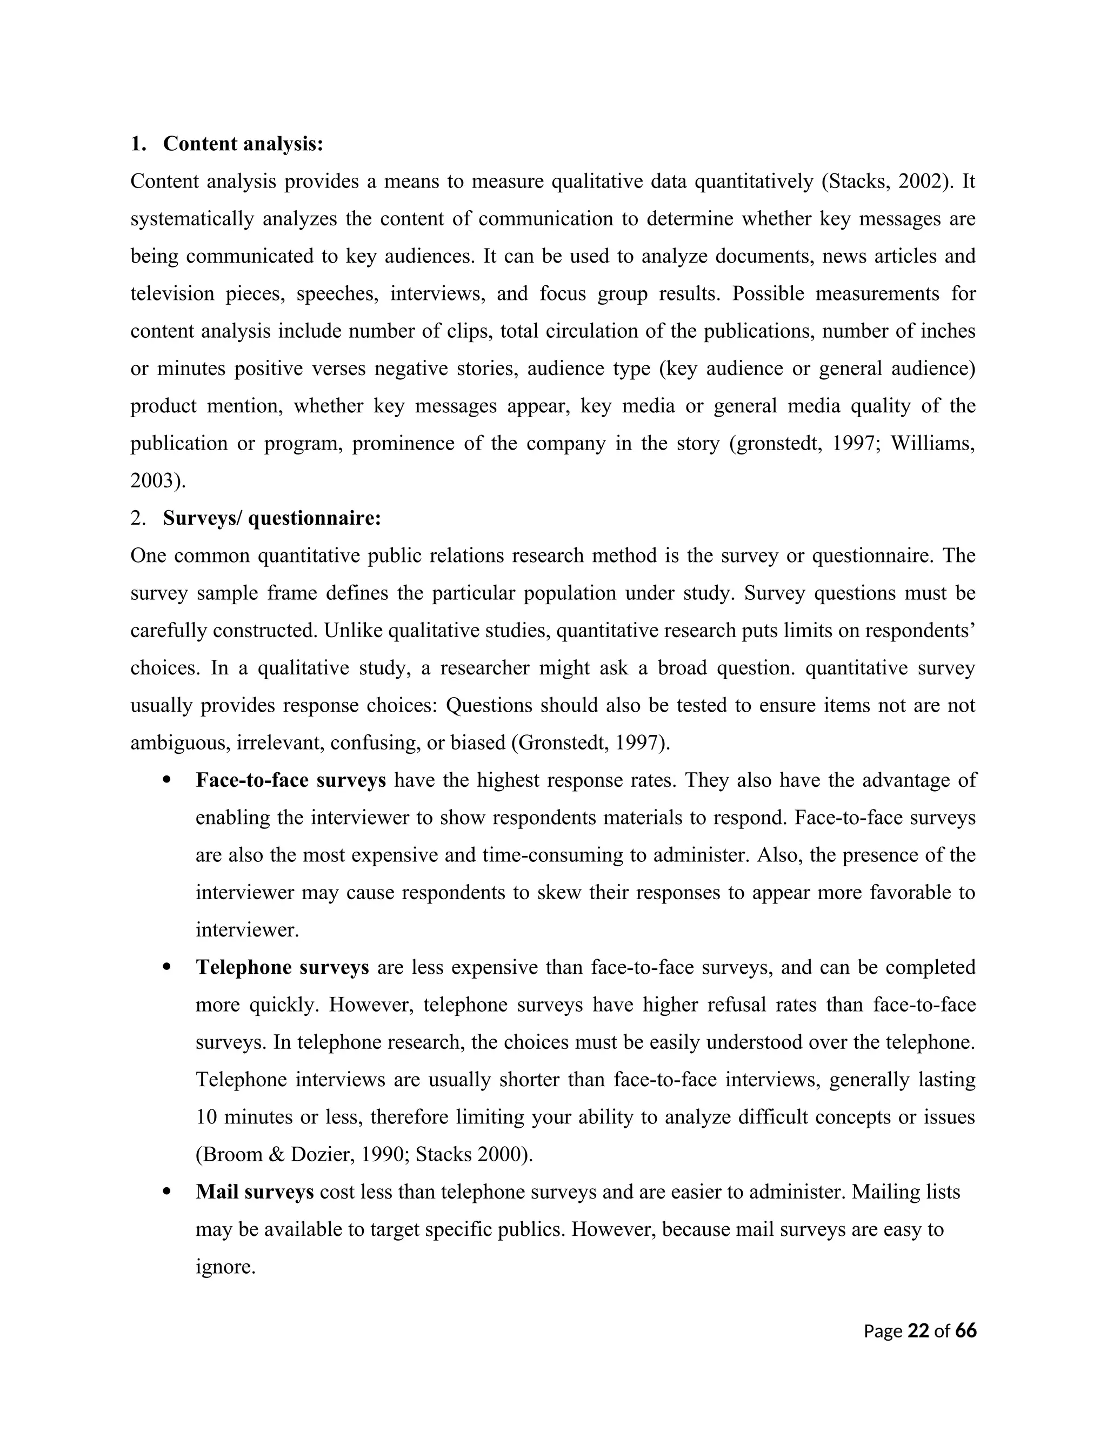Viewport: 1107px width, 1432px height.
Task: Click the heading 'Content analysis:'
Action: [x=243, y=144]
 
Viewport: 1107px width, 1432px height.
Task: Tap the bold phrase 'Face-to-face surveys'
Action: [x=290, y=780]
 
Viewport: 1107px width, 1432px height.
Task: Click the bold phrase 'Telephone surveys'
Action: [x=282, y=968]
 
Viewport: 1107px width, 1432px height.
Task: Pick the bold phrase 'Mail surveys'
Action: [x=255, y=1192]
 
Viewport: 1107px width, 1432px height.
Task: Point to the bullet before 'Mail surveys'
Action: [x=166, y=1192]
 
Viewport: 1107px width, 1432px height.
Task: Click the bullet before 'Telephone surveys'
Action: [x=166, y=968]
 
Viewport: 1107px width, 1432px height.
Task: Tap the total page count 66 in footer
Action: [x=966, y=1331]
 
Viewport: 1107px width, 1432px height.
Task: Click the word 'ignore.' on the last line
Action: [x=225, y=1267]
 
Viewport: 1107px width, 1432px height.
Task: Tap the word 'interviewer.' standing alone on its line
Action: [x=246, y=931]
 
